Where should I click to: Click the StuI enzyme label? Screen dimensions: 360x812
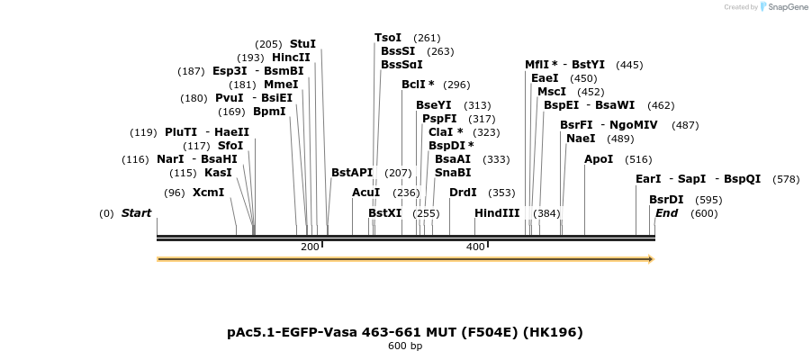coord(302,44)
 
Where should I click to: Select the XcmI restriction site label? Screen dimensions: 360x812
coord(208,193)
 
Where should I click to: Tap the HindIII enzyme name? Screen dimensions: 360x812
coord(497,213)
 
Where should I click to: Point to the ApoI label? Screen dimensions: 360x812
coord(599,159)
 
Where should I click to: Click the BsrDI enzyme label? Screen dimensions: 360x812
coord(666,200)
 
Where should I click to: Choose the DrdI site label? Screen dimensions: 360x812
coord(463,193)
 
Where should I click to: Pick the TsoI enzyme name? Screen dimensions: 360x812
coord(388,38)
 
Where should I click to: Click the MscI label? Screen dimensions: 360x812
coord(552,92)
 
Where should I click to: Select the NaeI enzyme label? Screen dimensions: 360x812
coord(581,139)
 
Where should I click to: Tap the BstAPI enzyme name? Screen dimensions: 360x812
coord(352,173)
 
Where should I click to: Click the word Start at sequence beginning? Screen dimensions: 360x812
coord(136,213)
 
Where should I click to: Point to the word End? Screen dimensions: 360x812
coord(666,213)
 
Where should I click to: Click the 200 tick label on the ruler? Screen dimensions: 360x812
coord(310,247)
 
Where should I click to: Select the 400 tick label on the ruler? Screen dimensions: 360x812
coord(475,247)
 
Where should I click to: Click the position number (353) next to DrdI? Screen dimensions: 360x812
coord(501,193)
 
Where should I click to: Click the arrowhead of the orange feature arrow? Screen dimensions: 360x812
coord(649,259)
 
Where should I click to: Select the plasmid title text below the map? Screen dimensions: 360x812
coord(405,332)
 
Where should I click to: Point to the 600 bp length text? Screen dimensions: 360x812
coord(405,346)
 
